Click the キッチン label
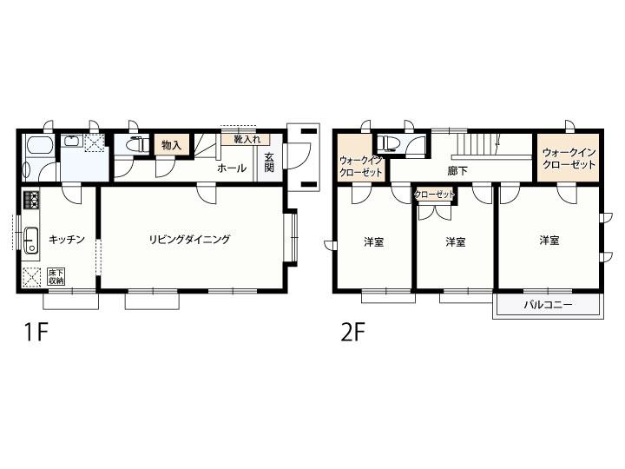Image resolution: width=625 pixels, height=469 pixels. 67,240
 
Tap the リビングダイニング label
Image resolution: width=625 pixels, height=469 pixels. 190,240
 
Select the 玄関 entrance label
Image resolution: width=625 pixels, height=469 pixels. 269,162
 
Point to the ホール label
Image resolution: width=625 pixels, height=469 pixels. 232,168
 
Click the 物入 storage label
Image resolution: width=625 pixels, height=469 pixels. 171,146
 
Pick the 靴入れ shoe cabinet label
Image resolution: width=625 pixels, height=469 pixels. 247,140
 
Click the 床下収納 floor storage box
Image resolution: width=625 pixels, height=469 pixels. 56,277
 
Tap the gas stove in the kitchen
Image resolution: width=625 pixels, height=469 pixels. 31,200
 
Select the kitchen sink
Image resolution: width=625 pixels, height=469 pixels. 31,240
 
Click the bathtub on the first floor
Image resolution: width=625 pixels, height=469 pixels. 39,147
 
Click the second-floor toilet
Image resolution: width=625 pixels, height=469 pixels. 386,142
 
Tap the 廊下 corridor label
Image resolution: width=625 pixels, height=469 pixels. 457,171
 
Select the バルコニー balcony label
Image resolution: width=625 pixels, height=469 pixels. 548,305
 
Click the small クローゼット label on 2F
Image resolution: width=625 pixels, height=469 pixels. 435,195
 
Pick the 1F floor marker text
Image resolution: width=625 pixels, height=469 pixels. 36,332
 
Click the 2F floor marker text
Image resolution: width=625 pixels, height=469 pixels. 352,332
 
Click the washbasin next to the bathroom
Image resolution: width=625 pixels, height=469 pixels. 72,141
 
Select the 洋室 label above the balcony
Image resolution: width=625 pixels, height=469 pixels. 549,240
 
